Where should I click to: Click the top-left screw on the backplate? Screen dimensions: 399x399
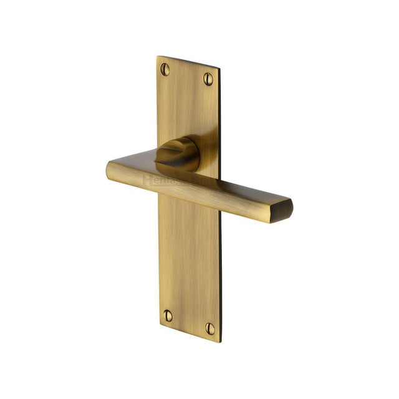click(165, 69)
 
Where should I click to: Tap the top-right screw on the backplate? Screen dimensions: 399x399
click(208, 79)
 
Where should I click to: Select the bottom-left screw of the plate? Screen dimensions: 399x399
click(168, 315)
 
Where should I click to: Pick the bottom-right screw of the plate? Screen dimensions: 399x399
click(210, 328)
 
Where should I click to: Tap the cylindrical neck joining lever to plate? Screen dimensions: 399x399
click(178, 151)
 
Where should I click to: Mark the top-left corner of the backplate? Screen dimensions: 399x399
click(157, 57)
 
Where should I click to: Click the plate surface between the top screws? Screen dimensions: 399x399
click(186, 74)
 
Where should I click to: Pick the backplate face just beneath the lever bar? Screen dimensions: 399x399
click(187, 224)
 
